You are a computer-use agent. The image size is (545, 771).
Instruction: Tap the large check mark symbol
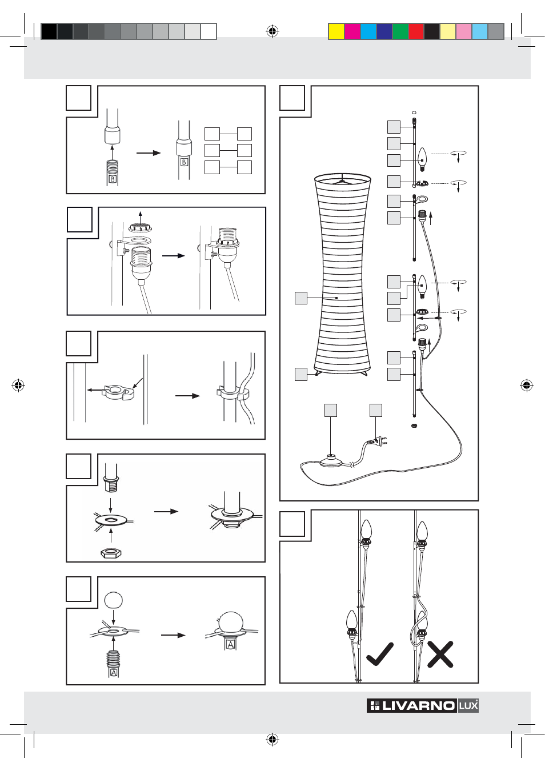coord(380,654)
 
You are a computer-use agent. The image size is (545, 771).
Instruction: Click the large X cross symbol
coord(440,654)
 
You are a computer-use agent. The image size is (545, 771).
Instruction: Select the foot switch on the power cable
coord(331,460)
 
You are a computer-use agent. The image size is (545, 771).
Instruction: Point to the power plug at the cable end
coord(376,441)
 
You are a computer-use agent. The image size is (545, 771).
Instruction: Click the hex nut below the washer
coord(110,552)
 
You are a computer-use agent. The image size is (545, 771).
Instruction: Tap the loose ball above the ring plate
coord(114,600)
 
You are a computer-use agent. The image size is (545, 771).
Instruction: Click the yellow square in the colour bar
coord(336,31)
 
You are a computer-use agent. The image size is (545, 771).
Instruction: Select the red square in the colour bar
coord(416,31)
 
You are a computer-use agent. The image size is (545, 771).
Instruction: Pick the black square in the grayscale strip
coord(49,31)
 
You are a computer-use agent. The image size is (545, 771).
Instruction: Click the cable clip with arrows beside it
coord(118,392)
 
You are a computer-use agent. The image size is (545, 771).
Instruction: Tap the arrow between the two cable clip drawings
coord(187,395)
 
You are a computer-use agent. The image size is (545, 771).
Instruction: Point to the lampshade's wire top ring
coord(343,179)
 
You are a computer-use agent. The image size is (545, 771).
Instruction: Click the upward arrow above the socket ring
coord(141,216)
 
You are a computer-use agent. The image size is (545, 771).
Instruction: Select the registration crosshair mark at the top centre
coord(272,31)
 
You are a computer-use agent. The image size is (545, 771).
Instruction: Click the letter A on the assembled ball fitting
coord(231,644)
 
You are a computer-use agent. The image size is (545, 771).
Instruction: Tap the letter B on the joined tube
coord(184,162)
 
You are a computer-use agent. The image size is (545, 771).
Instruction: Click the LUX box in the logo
coord(468,706)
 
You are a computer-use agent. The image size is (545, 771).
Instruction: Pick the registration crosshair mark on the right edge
coord(527,385)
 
